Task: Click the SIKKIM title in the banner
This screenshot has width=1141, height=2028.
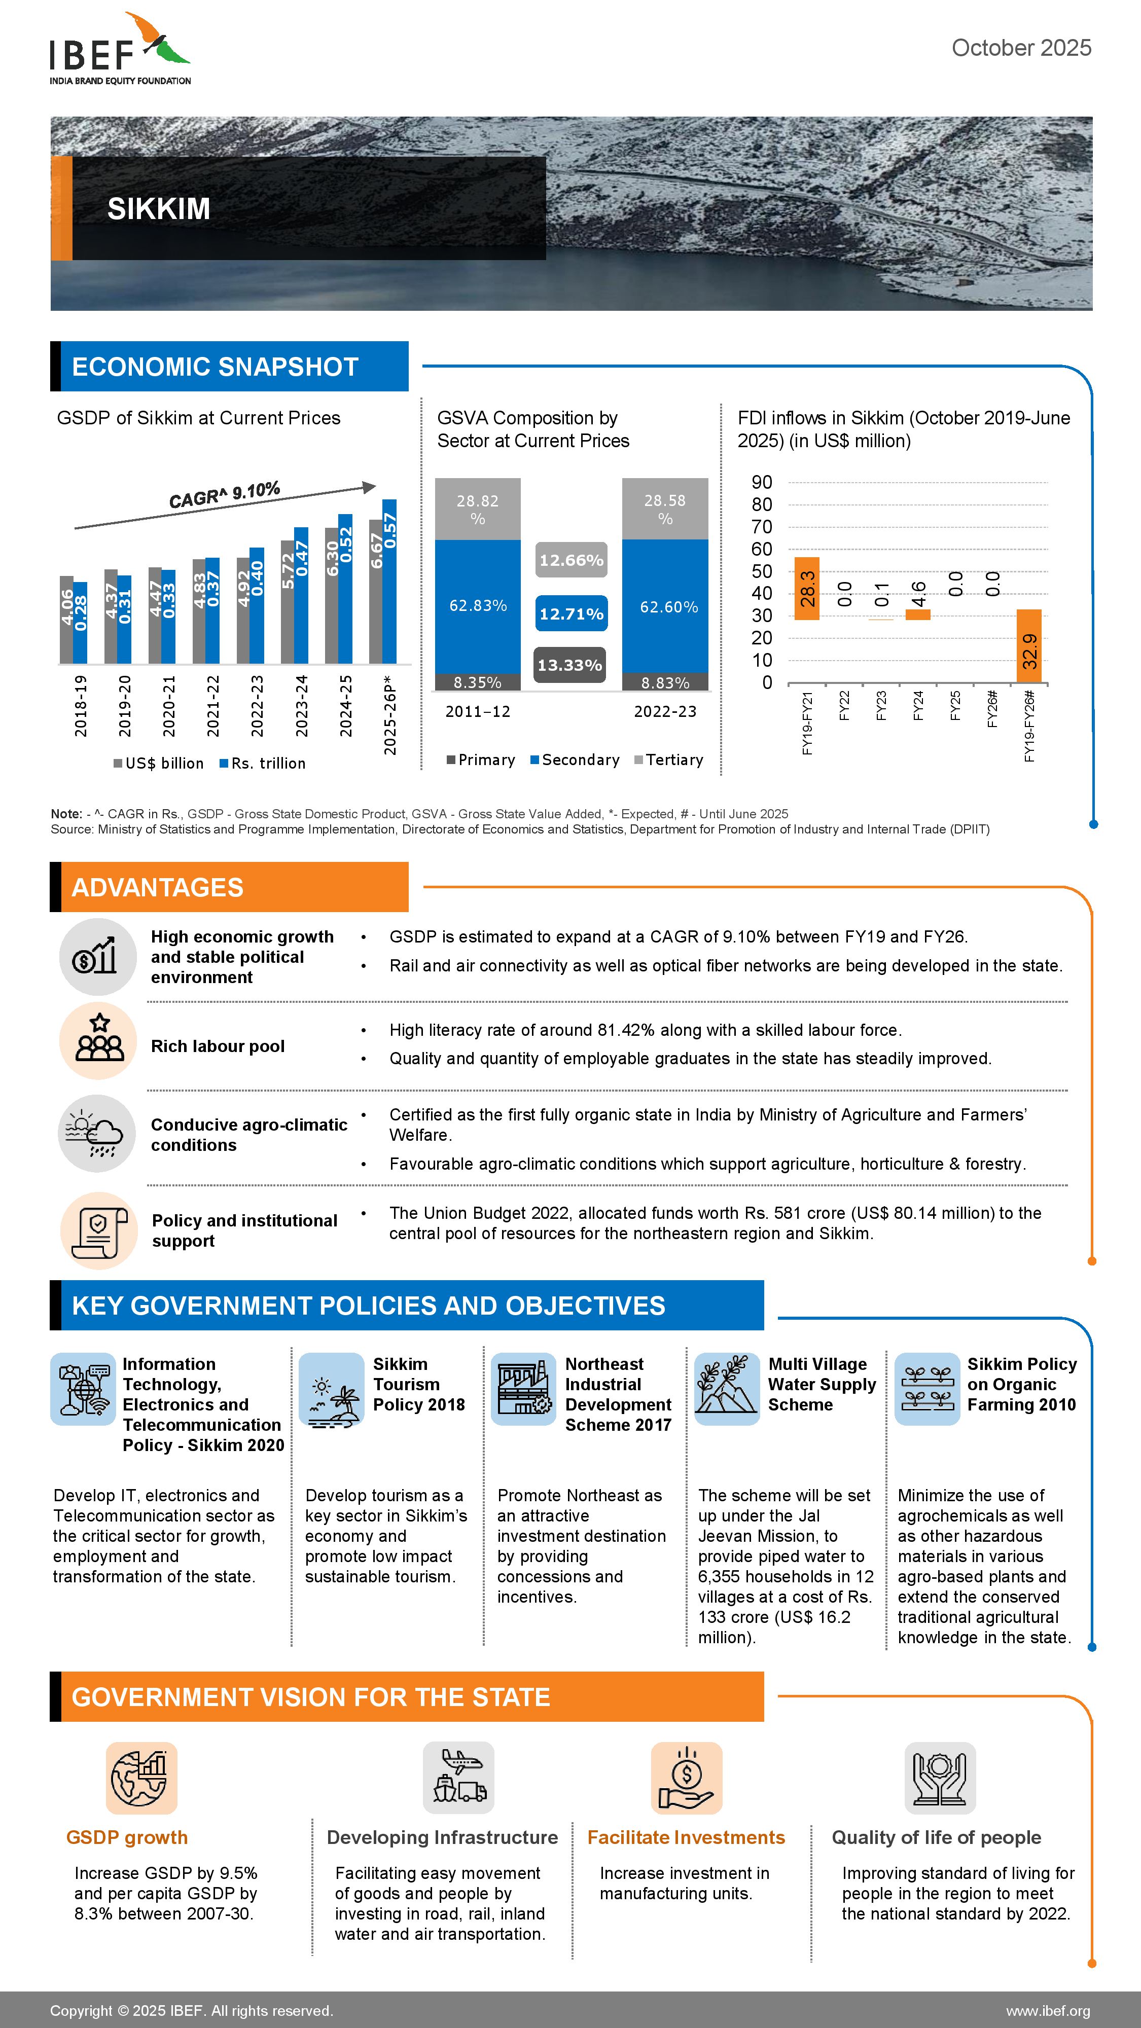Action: (x=158, y=208)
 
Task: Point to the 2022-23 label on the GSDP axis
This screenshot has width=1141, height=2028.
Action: (x=257, y=706)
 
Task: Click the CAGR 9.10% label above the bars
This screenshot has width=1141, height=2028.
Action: (x=225, y=494)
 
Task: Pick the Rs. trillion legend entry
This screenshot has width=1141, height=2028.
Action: (x=263, y=763)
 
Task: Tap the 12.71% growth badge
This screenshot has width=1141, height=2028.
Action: (x=571, y=613)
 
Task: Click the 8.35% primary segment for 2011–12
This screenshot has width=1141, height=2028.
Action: (x=477, y=682)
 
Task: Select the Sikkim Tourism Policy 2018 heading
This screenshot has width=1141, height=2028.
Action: (x=418, y=1384)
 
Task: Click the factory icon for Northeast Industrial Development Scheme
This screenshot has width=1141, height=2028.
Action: (x=523, y=1389)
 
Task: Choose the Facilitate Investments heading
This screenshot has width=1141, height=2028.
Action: (x=686, y=1837)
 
